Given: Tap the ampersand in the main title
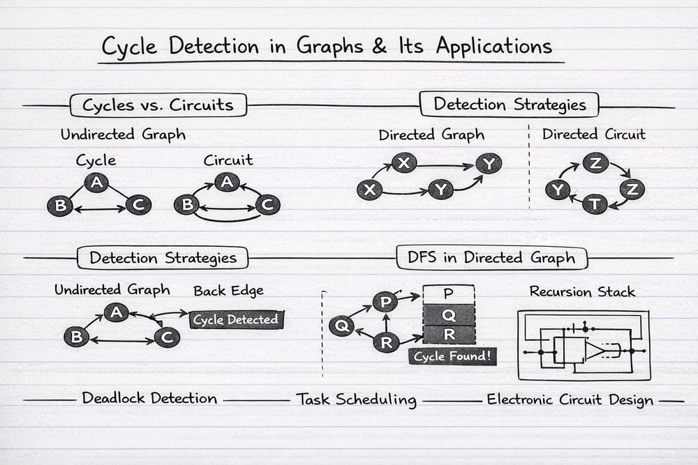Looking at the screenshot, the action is tap(379, 46).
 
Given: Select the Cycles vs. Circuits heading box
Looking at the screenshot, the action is tap(158, 105).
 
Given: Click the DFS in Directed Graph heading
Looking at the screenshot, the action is tap(491, 258).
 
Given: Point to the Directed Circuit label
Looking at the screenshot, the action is tap(594, 134).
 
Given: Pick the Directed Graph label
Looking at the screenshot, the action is tap(431, 135).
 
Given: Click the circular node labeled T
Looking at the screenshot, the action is tap(595, 204).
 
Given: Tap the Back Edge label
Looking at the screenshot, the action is tap(228, 291).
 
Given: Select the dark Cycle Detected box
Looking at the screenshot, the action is tap(236, 319).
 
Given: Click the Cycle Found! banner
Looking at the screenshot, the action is tap(452, 356).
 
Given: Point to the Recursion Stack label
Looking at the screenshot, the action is tap(582, 291).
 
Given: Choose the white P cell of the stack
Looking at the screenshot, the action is tap(448, 294).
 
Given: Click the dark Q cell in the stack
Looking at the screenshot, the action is tap(449, 314).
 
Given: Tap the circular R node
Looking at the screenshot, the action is tap(387, 342).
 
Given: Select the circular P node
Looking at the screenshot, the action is tap(385, 303).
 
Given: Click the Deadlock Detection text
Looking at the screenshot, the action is tap(149, 398).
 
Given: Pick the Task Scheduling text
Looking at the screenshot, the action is tap(357, 399).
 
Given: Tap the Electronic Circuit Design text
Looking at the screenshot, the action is tap(570, 399).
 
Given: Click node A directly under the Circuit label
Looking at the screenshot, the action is tap(227, 182).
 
